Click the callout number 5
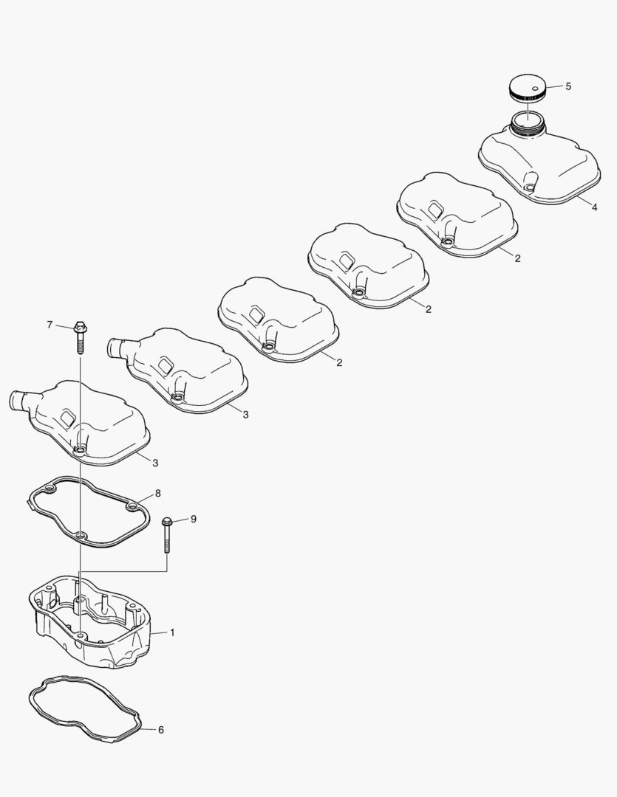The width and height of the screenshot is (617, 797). tap(568, 86)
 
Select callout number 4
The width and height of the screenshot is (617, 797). tap(595, 207)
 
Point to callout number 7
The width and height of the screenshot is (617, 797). tap(50, 324)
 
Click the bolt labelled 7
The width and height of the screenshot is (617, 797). tap(79, 337)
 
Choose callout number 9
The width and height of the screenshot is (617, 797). tap(193, 519)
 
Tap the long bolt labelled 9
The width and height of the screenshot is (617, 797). tap(166, 535)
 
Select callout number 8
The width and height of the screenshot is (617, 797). tap(158, 493)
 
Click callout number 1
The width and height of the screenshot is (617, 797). tap(172, 632)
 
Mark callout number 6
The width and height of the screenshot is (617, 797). tap(161, 729)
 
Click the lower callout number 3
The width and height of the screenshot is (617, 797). tap(155, 463)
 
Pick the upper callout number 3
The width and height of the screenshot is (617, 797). tap(245, 414)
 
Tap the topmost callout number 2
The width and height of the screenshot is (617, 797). tap(518, 258)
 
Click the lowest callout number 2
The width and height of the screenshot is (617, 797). tap(339, 362)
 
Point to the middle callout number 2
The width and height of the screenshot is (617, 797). tap(428, 309)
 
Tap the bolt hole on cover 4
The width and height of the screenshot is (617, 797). tap(530, 188)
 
